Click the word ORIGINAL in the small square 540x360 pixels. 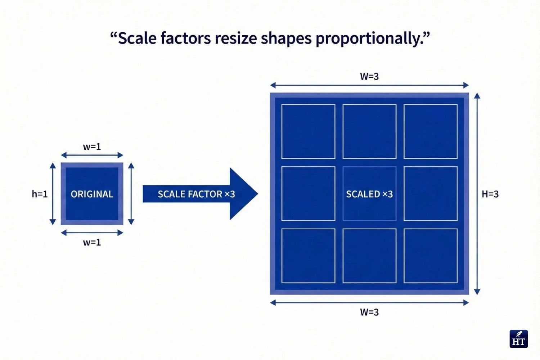(x=92, y=194)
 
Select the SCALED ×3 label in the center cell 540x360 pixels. (x=369, y=194)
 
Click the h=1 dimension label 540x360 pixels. (x=40, y=194)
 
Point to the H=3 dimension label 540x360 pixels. (x=490, y=194)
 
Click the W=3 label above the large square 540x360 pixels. (x=369, y=76)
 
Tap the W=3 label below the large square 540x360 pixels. (x=369, y=312)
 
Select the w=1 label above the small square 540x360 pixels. (x=92, y=147)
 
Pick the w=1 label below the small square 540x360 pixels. (x=92, y=242)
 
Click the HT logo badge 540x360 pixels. (x=518, y=339)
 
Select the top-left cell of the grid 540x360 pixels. (x=308, y=131)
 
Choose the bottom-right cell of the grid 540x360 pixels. (x=431, y=256)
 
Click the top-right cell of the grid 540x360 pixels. (x=431, y=131)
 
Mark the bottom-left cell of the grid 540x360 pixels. (x=308, y=256)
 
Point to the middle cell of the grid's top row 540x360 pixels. (x=369, y=131)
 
